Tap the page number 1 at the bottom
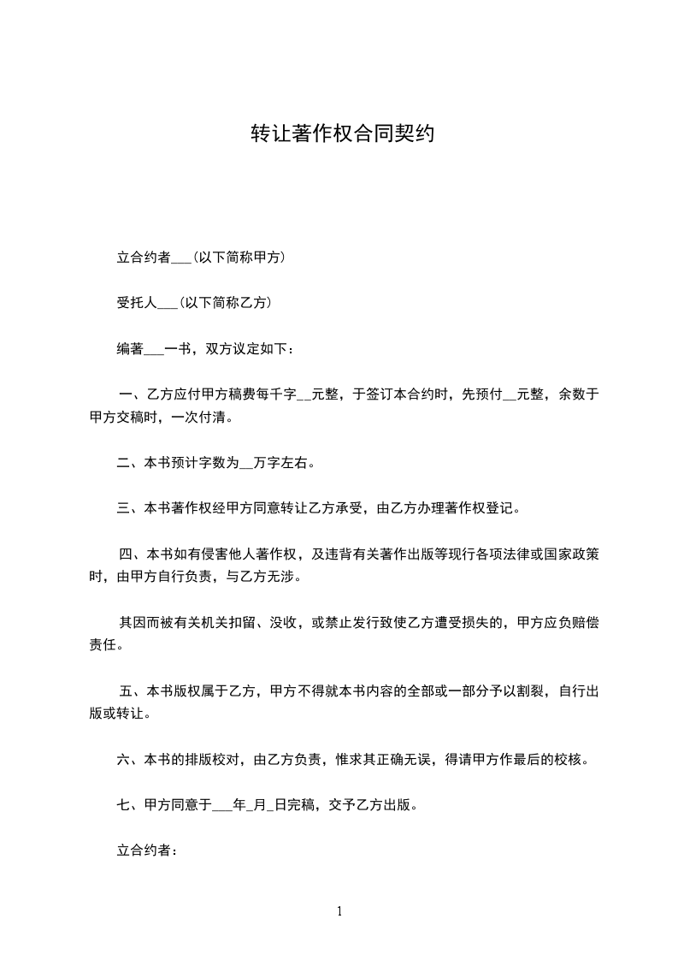[339, 911]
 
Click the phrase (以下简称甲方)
[239, 257]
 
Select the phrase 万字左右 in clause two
[282, 464]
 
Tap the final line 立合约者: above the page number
[146, 850]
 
